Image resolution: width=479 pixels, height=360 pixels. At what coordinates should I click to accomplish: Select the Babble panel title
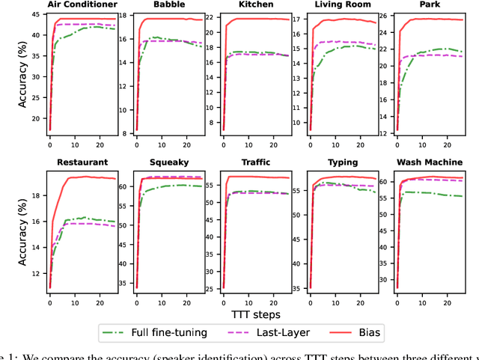165,4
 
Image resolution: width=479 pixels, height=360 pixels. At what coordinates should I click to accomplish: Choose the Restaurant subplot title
82,162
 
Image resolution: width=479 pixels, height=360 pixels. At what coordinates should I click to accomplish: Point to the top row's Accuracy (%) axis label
22,73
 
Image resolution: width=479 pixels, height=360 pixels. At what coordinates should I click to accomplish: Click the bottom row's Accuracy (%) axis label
22,230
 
